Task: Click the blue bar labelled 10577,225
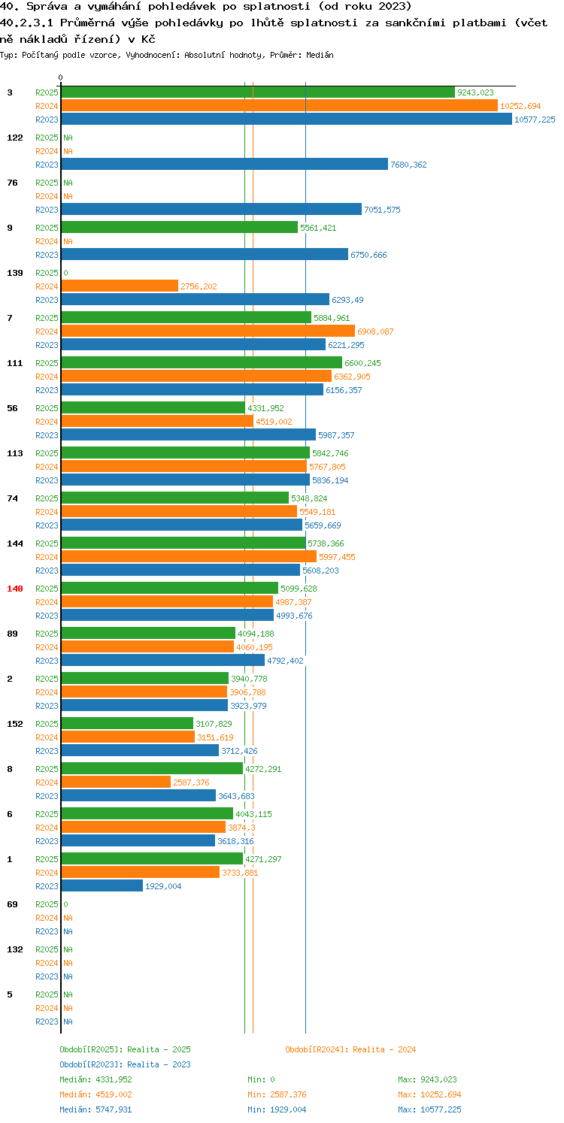pyautogui.click(x=287, y=120)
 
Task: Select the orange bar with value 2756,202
pyautogui.click(x=120, y=286)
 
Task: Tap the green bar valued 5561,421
pyautogui.click(x=180, y=228)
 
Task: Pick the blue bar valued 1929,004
pyautogui.click(x=102, y=886)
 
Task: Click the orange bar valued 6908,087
pyautogui.click(x=208, y=331)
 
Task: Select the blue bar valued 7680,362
pyautogui.click(x=225, y=165)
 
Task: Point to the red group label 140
pyautogui.click(x=15, y=589)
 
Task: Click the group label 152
pyautogui.click(x=15, y=724)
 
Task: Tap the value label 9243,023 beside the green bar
pyautogui.click(x=475, y=92)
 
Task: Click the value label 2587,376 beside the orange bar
pyautogui.click(x=191, y=782)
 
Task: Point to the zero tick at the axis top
pyautogui.click(x=61, y=77)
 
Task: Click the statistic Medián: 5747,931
pyautogui.click(x=96, y=1109)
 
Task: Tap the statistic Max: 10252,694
pyautogui.click(x=429, y=1094)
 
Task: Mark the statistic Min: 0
pyautogui.click(x=261, y=1079)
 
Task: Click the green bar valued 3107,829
pyautogui.click(x=127, y=724)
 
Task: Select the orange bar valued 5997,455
pyautogui.click(x=190, y=557)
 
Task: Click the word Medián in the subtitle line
pyautogui.click(x=320, y=55)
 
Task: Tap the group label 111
pyautogui.click(x=15, y=363)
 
